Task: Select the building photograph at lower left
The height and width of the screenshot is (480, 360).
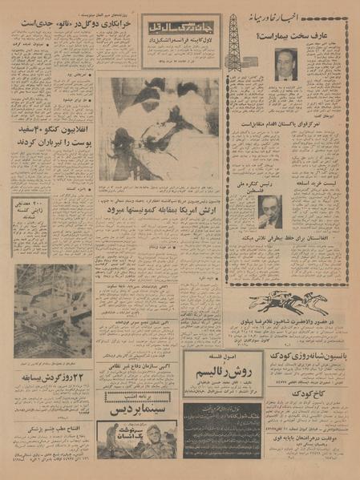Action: pos(52,309)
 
